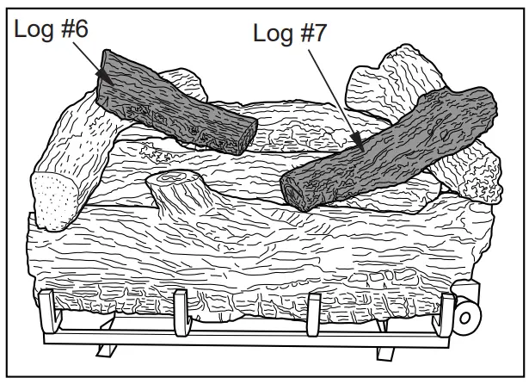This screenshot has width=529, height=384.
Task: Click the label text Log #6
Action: click(x=51, y=28)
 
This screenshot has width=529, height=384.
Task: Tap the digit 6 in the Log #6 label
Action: click(x=82, y=28)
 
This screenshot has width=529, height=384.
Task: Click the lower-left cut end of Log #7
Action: click(x=298, y=189)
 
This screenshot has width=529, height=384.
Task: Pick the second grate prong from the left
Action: click(x=181, y=312)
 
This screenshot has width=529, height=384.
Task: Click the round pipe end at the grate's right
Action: click(x=467, y=316)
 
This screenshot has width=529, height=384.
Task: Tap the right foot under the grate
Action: click(x=383, y=350)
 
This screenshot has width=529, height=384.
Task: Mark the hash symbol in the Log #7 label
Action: click(x=306, y=34)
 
